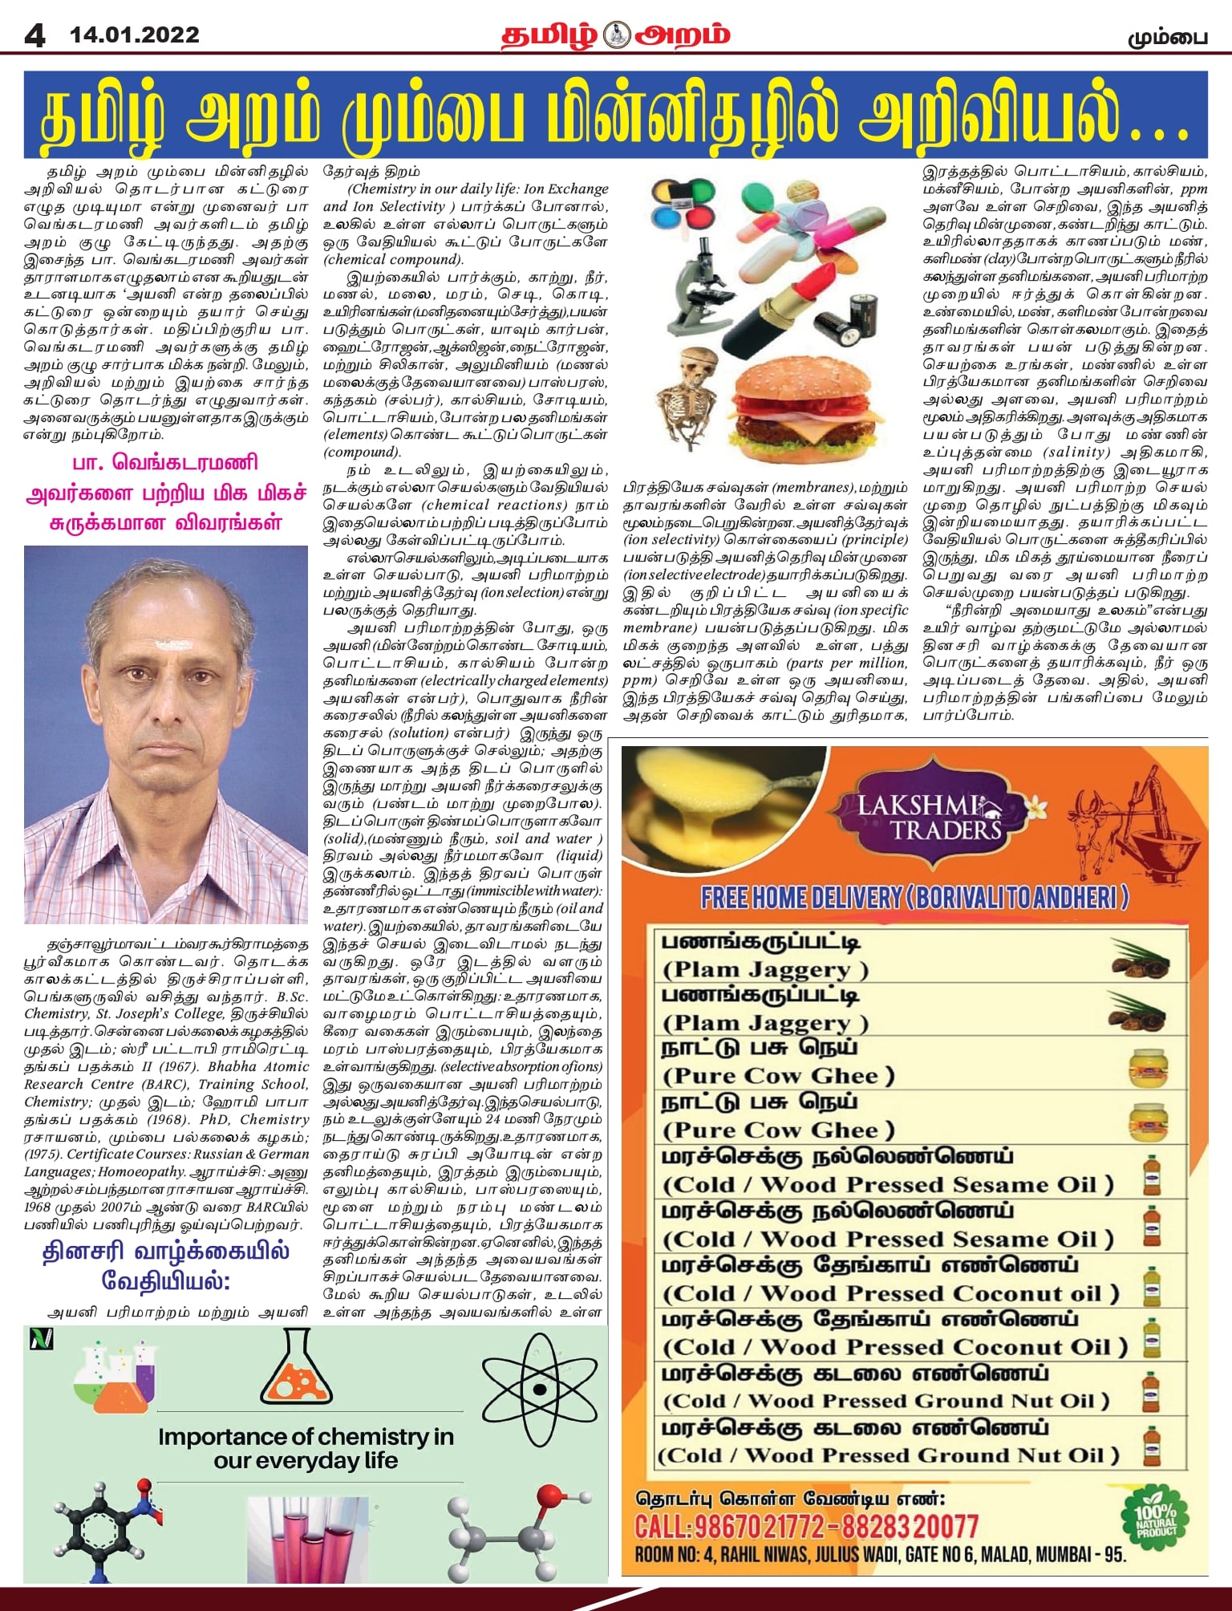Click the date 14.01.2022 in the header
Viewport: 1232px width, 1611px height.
click(135, 35)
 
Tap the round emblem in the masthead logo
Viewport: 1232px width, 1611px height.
click(616, 35)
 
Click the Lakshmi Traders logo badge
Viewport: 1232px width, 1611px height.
click(930, 818)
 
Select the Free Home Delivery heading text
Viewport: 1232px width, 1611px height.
click(914, 898)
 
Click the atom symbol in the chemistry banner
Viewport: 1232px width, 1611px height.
click(540, 1389)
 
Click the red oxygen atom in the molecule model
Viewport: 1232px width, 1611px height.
click(551, 1495)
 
